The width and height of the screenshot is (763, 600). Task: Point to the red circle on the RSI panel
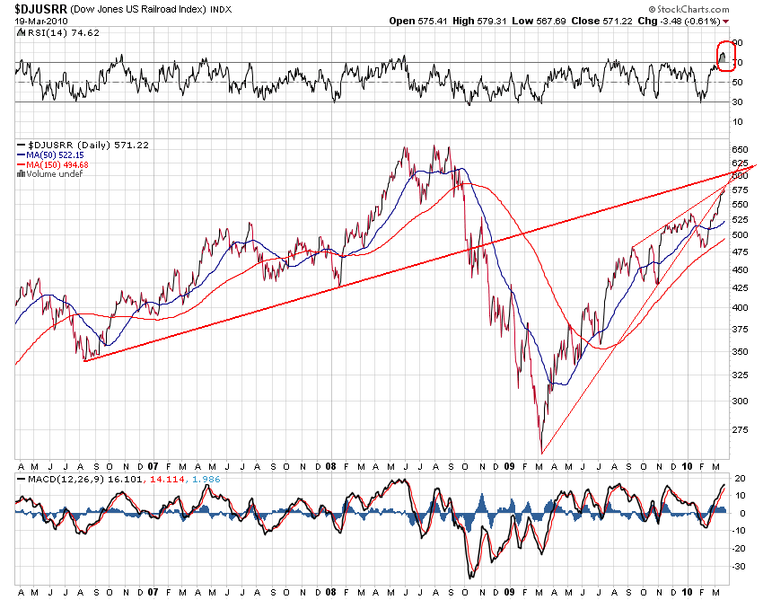tap(725, 57)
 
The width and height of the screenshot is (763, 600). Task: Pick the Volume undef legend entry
tap(50, 174)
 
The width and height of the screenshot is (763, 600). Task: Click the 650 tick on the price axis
tap(741, 149)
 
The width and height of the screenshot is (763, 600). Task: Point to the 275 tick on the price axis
tap(741, 430)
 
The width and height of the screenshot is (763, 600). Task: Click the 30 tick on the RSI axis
tap(738, 101)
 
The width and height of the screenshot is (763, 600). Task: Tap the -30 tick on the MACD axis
tap(740, 566)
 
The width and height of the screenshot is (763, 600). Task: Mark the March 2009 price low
tap(541, 452)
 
